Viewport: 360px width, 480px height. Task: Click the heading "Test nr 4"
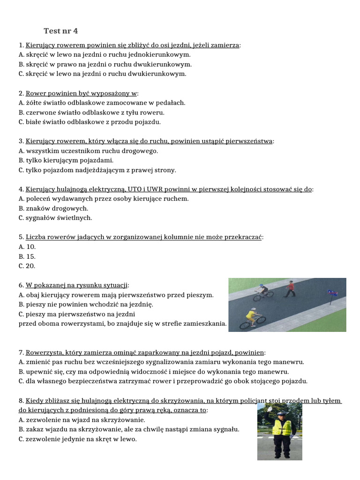[60, 31]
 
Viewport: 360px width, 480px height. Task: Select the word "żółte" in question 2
[34, 103]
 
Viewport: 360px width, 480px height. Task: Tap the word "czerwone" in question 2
[40, 112]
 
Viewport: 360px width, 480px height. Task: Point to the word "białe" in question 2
[33, 122]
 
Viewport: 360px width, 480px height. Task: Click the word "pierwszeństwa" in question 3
[249, 141]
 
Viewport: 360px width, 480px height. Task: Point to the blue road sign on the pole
[333, 293]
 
